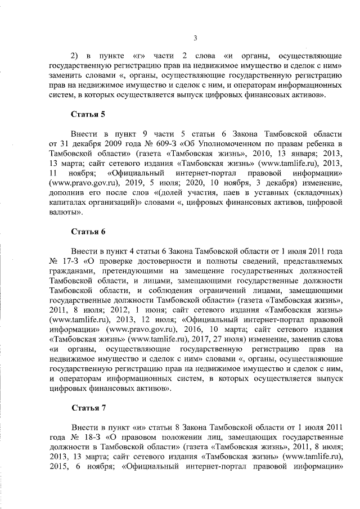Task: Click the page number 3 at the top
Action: (195, 38)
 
